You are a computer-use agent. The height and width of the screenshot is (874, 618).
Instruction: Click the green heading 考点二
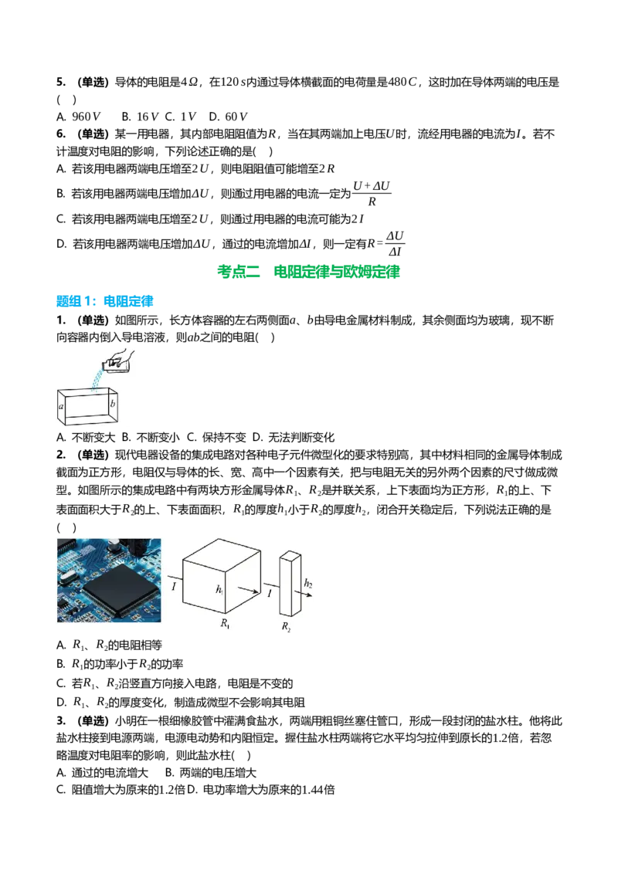pos(239,272)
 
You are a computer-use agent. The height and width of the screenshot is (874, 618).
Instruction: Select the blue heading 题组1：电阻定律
pos(105,302)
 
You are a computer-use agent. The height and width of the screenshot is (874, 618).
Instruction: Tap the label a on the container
pos(61,406)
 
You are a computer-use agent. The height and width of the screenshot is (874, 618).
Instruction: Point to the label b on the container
pos(113,403)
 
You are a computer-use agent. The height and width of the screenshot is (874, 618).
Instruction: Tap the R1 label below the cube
pos(225,623)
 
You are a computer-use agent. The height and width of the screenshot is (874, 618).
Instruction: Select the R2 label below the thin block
pos(286,626)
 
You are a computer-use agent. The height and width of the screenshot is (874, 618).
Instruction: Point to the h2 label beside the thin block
pos(308,583)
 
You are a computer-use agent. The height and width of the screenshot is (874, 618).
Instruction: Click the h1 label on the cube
pos(219,589)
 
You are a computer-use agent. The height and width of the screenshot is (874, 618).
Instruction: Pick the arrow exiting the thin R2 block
pos(306,595)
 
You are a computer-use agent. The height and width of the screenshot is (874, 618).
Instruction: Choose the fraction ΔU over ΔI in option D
pos(395,243)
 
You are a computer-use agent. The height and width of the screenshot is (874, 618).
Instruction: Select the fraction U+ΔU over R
pos(372,194)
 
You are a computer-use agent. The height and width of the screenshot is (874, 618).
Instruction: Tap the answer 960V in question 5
pos(86,117)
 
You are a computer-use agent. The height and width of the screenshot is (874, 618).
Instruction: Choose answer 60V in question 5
pos(236,117)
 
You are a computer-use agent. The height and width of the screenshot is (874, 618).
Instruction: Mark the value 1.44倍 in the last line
pos(318,790)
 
